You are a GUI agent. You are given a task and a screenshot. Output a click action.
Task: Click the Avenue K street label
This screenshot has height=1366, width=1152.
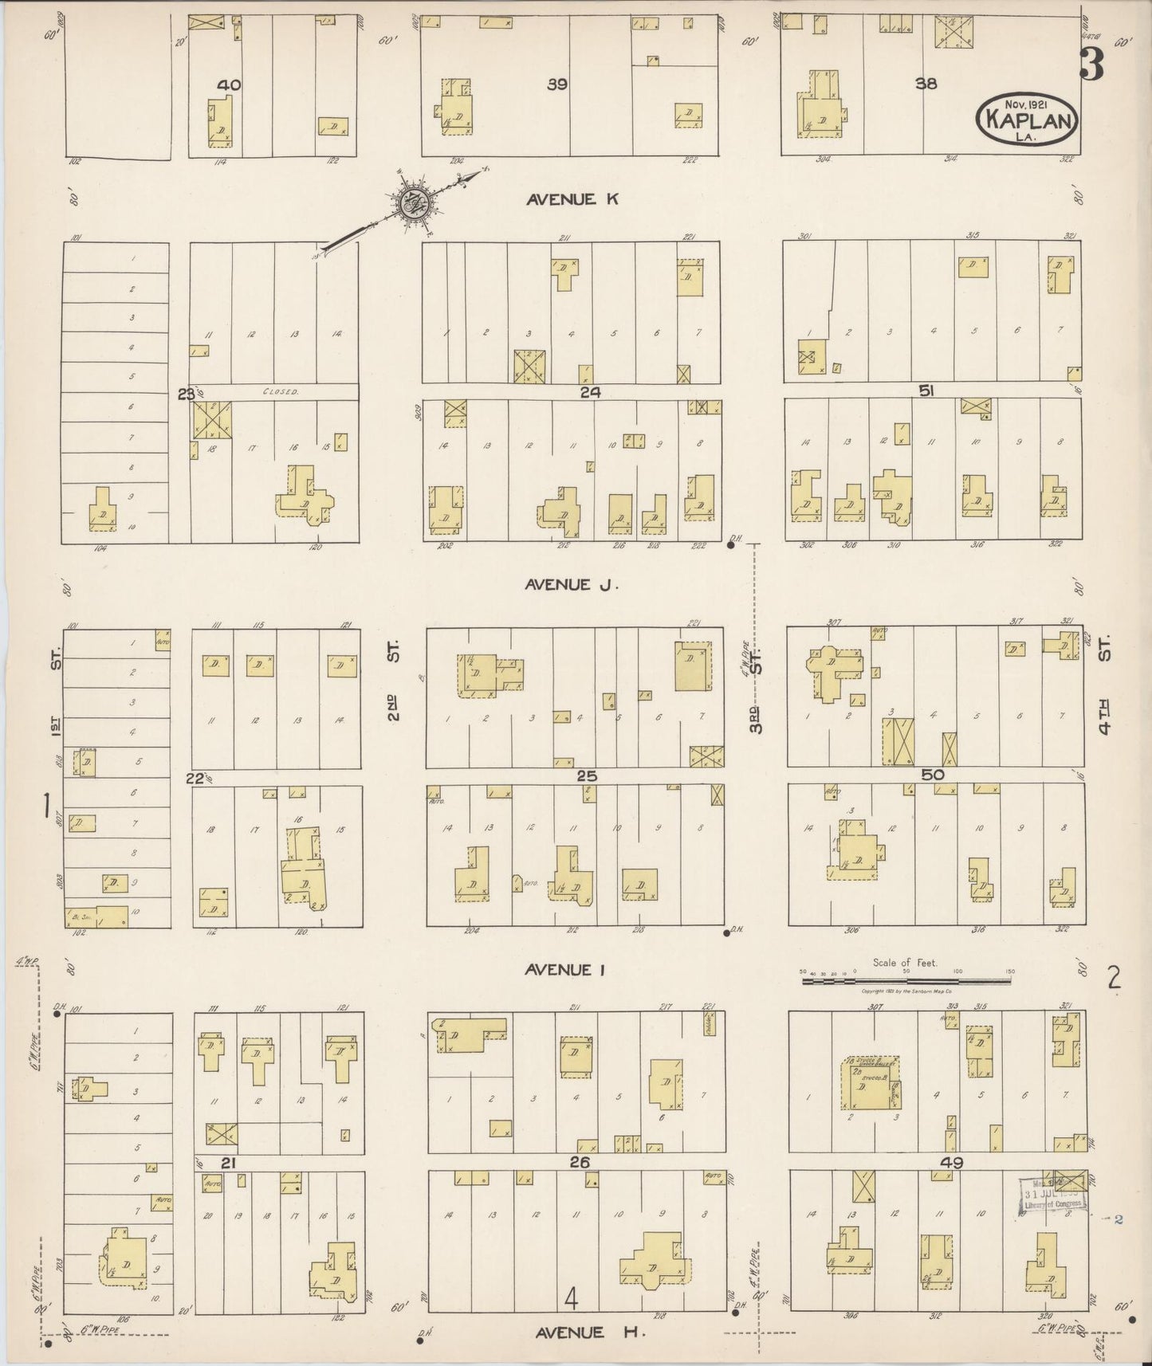click(x=572, y=199)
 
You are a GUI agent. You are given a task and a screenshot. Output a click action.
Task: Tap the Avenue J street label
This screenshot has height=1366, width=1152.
click(x=572, y=585)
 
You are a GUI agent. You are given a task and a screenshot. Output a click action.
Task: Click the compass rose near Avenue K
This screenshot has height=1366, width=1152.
click(x=415, y=204)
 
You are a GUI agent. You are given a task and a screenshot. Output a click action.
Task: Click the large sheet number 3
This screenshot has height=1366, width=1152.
click(x=1091, y=65)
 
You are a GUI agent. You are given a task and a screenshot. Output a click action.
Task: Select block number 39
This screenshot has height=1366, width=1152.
click(x=557, y=84)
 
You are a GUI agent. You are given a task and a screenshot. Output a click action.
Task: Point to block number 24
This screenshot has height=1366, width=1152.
click(x=590, y=391)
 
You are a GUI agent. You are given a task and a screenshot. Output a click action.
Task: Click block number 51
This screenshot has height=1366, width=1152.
click(x=926, y=391)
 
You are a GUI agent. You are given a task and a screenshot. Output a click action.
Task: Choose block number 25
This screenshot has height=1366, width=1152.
click(x=587, y=775)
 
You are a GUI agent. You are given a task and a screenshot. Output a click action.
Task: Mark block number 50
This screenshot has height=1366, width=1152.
click(x=932, y=775)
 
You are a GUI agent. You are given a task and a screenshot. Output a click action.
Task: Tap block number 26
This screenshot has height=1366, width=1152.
click(x=580, y=1162)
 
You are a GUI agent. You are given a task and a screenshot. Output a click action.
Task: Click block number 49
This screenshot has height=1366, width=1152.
click(x=951, y=1162)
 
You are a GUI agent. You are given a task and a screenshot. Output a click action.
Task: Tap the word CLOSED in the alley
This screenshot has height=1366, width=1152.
click(x=281, y=392)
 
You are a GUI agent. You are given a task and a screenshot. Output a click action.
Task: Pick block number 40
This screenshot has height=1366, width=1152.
click(x=229, y=84)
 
